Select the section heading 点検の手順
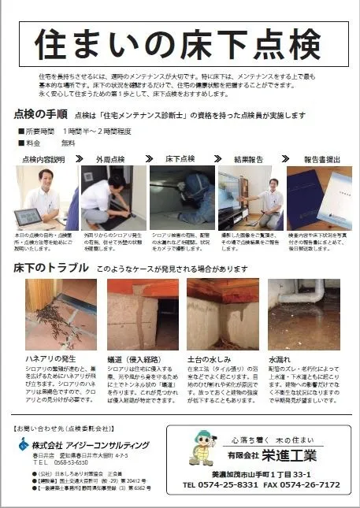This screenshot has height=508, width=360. (40, 115)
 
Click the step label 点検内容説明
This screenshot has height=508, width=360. (40, 159)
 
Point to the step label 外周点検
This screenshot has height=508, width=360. (111, 159)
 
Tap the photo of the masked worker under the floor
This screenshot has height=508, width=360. (182, 197)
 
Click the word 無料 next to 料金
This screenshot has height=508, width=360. (69, 143)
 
